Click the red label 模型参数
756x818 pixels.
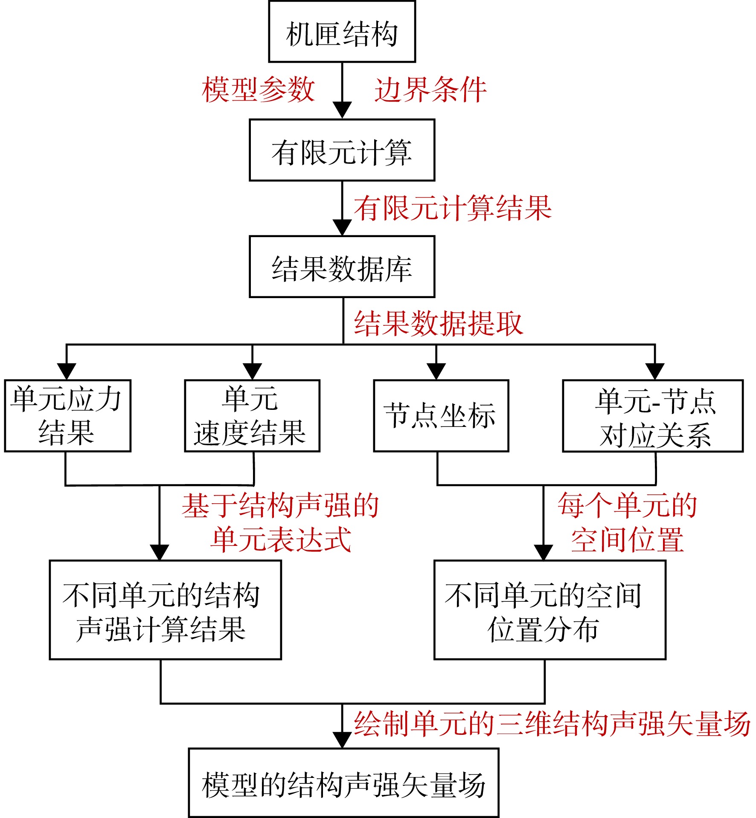click(x=258, y=90)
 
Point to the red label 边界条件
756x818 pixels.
click(x=430, y=90)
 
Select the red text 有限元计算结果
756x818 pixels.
click(x=453, y=208)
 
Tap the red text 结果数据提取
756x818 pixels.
click(x=438, y=323)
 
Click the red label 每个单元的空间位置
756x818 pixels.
click(x=627, y=522)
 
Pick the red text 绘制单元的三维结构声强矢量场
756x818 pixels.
click(x=552, y=724)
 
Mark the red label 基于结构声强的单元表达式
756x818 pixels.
click(x=280, y=522)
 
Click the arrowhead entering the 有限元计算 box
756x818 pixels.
click(x=342, y=110)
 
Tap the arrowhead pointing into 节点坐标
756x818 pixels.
click(x=436, y=371)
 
